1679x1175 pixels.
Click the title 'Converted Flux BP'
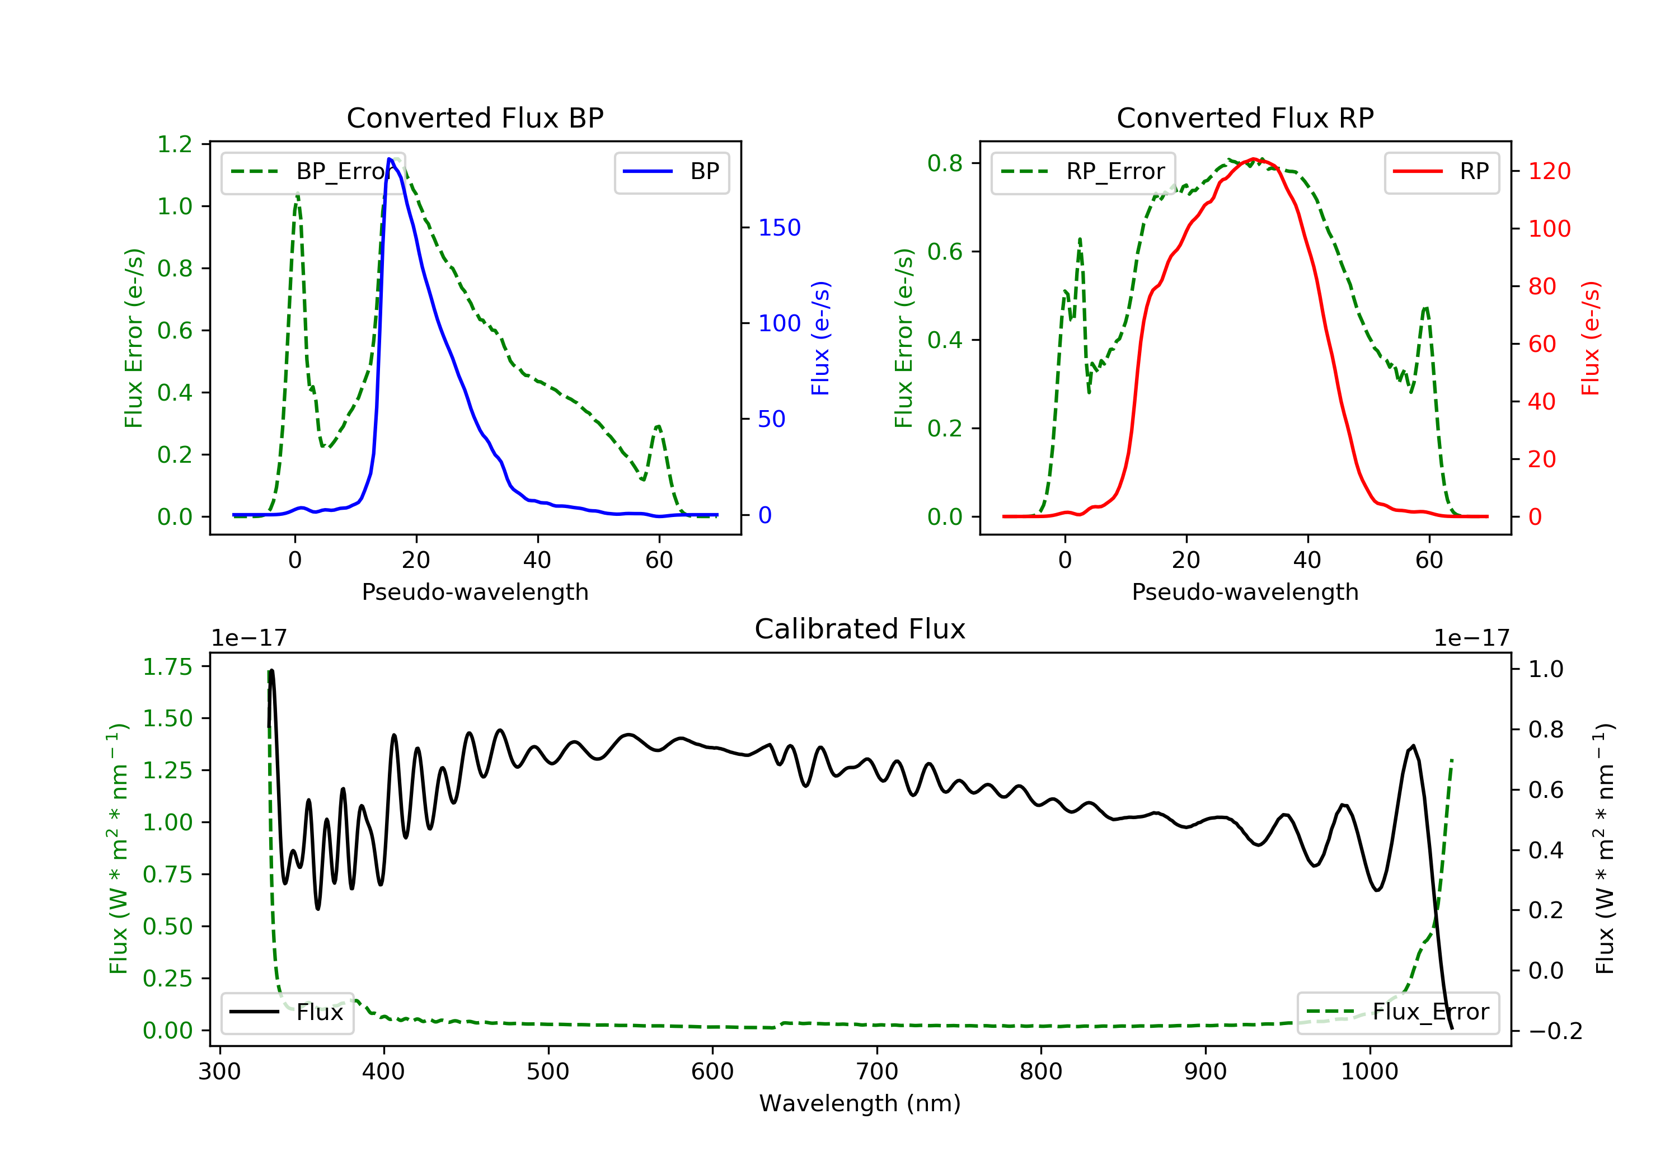(475, 117)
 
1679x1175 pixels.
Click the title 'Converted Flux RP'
(1245, 117)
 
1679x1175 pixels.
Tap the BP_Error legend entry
(313, 172)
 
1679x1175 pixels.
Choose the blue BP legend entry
(671, 172)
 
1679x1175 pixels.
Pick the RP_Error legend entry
(1083, 172)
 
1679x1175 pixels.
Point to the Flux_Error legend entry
(1397, 1012)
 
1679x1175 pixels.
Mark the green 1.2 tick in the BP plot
(175, 144)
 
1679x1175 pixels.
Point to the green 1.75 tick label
(167, 667)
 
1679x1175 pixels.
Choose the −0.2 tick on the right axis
(1555, 1031)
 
